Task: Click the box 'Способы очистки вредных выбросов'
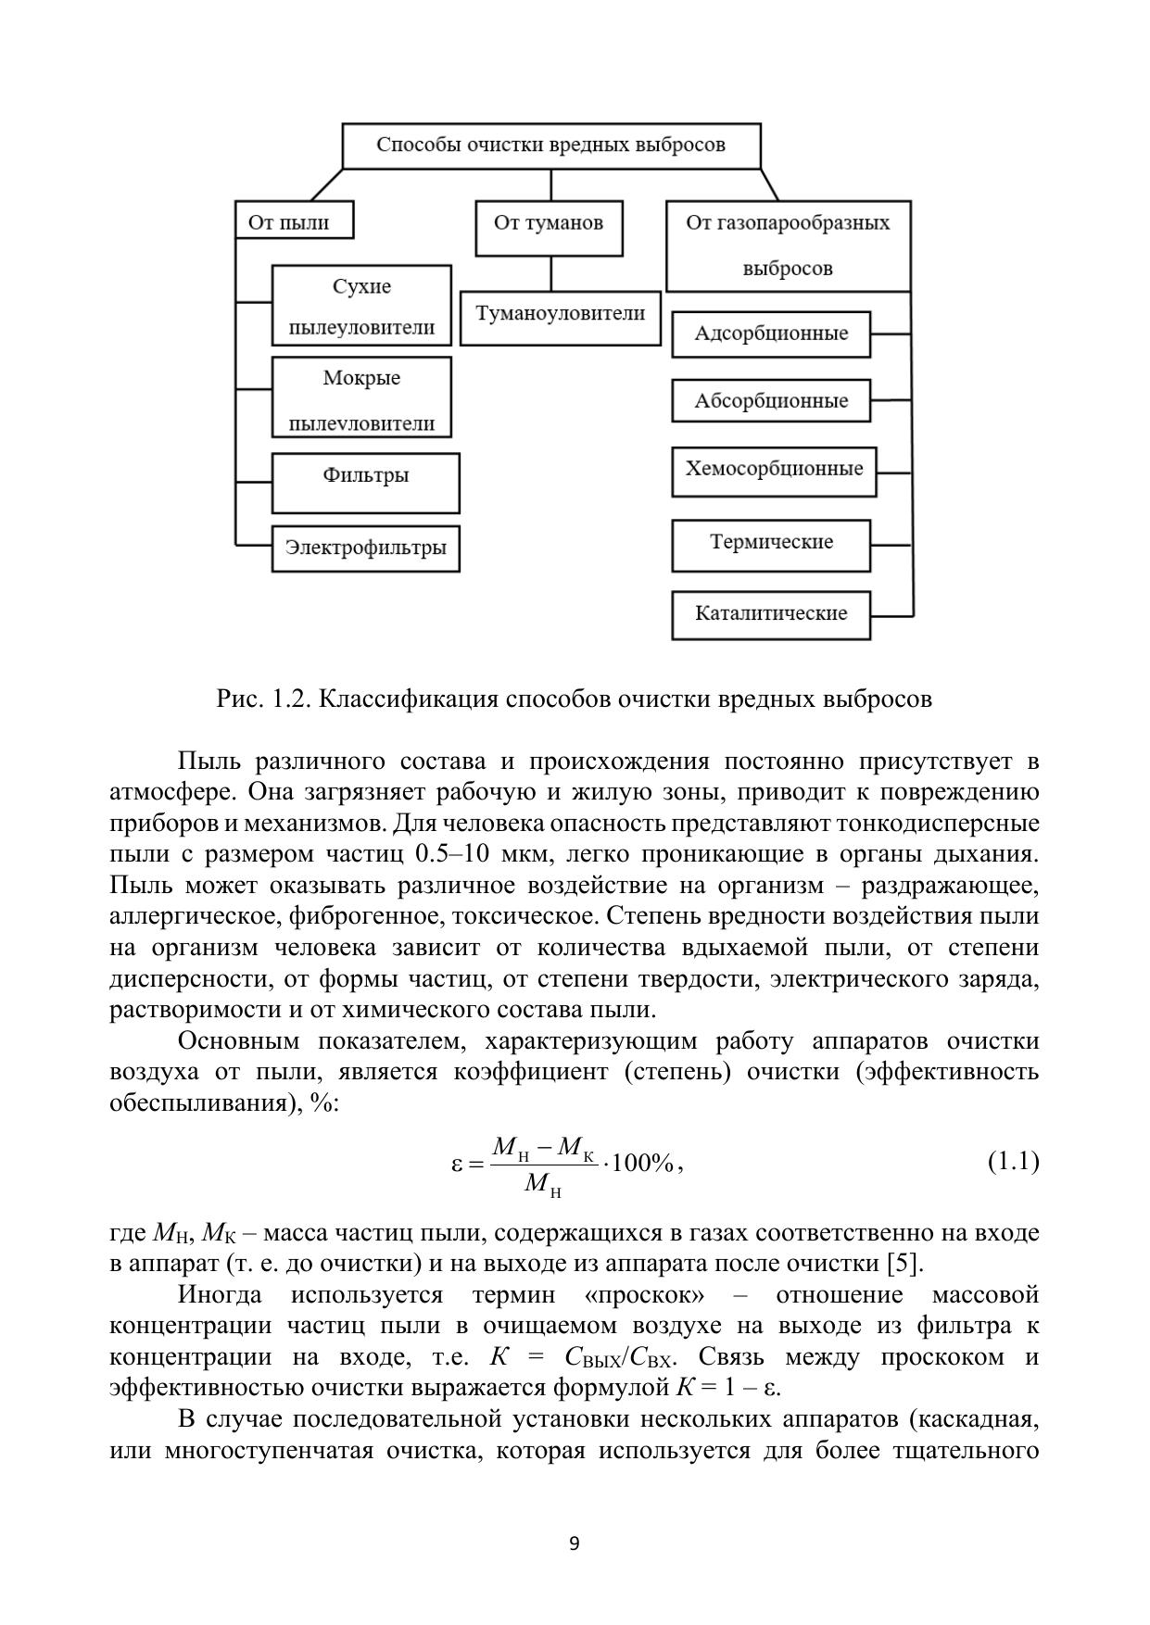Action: point(551,145)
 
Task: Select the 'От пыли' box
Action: point(295,222)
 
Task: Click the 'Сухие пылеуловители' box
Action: point(361,306)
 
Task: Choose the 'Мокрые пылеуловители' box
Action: point(361,398)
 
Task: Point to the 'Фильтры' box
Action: point(365,482)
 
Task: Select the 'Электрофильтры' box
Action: point(365,548)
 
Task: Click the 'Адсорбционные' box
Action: point(771,334)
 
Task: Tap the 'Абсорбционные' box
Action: point(771,401)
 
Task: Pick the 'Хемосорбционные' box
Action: point(774,470)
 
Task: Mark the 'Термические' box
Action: point(771,544)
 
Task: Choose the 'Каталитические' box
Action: point(771,614)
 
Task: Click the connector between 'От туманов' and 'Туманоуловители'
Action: point(551,273)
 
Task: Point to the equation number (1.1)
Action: point(1013,1162)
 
